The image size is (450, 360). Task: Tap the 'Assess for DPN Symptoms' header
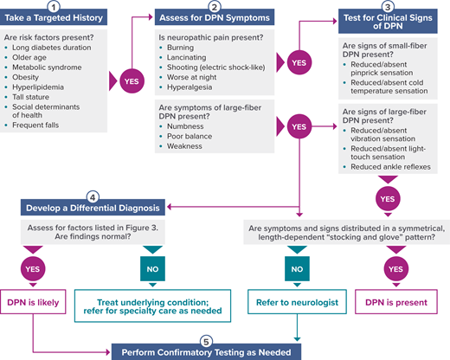point(215,18)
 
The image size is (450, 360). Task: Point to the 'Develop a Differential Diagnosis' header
point(90,208)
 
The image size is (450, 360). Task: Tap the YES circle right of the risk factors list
point(130,80)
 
